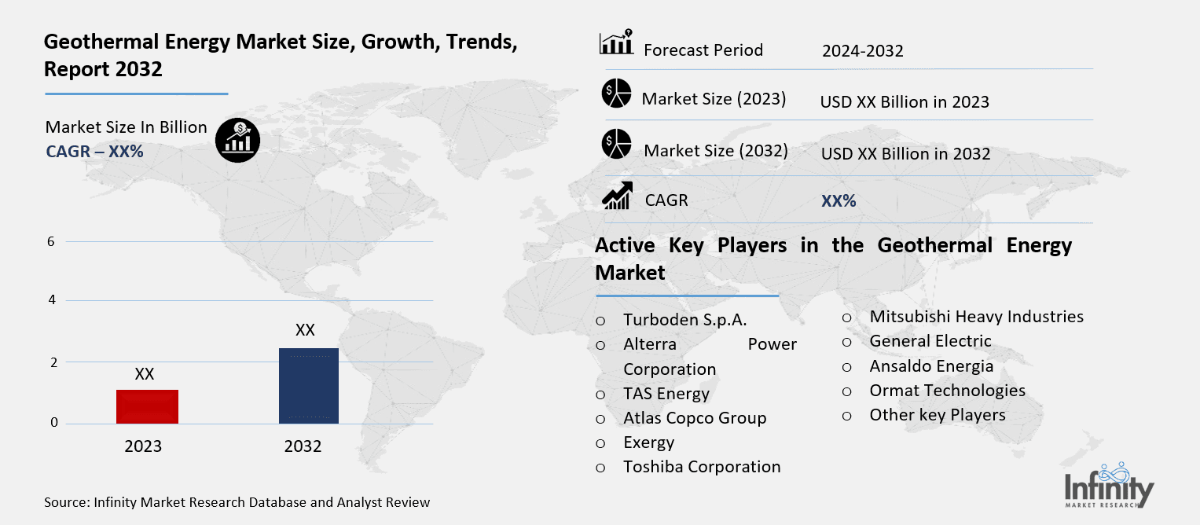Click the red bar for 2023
(x=147, y=406)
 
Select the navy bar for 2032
(x=308, y=385)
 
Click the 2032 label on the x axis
(x=303, y=446)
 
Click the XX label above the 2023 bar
(x=145, y=374)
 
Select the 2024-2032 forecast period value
(x=862, y=51)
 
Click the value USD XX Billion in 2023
(x=904, y=102)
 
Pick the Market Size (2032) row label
(x=715, y=150)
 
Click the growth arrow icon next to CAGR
(x=617, y=196)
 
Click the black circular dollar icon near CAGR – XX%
(x=237, y=141)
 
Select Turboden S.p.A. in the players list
(x=684, y=320)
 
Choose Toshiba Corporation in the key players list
(x=702, y=467)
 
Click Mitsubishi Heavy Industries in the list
(x=976, y=317)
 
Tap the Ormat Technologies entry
(x=947, y=391)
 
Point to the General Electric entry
(x=930, y=341)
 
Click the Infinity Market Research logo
(x=1109, y=486)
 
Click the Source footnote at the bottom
(x=237, y=502)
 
